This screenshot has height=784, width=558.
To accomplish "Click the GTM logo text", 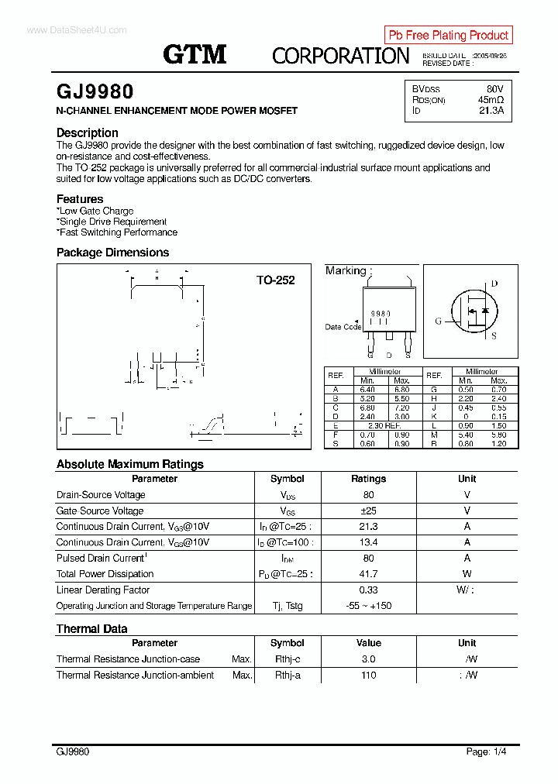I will [195, 53].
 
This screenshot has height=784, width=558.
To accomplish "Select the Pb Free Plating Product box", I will [448, 35].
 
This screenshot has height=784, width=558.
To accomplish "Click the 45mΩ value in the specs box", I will [491, 100].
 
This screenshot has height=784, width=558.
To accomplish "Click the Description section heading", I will [88, 132].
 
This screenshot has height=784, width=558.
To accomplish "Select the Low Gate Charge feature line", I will [95, 211].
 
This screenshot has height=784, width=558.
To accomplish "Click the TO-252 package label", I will [276, 280].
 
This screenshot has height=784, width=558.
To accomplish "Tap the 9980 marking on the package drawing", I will [380, 314].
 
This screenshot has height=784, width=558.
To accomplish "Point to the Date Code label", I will [343, 327].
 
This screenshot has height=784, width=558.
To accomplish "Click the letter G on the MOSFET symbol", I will [438, 321].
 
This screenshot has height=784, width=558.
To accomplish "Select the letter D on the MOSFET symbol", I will [494, 284].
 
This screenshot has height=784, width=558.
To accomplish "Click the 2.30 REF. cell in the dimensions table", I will [384, 426].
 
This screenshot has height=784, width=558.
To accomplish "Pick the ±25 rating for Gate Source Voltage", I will [368, 511].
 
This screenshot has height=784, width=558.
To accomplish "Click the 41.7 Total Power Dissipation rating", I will [368, 574].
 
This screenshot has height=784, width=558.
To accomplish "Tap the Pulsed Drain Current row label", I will [101, 559].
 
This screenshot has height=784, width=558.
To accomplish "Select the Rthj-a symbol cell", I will [288, 676].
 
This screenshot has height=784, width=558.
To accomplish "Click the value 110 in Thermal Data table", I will [368, 676].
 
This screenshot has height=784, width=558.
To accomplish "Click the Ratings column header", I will [368, 479].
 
